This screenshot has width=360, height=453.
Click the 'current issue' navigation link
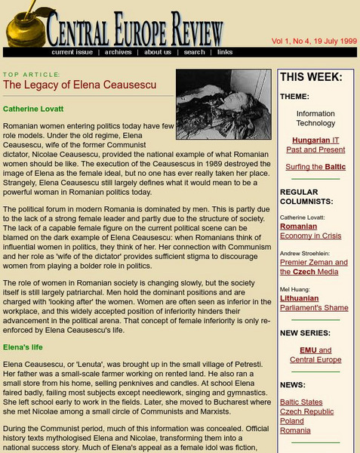click(72, 52)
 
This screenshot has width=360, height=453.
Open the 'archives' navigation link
click(118, 52)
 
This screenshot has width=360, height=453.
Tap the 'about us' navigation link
click(158, 52)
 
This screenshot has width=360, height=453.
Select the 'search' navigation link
click(194, 52)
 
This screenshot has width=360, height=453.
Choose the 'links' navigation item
click(225, 52)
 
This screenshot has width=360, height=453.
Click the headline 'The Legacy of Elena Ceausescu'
click(80, 85)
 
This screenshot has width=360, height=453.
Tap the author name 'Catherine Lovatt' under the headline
click(33, 109)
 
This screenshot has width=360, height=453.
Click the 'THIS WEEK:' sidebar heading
click(311, 77)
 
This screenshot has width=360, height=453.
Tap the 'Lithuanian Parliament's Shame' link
click(314, 304)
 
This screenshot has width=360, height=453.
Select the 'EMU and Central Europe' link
click(315, 355)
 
